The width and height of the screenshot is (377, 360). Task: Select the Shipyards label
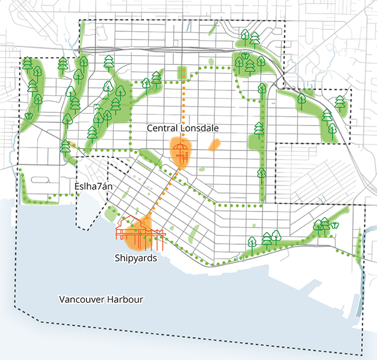tap(136, 259)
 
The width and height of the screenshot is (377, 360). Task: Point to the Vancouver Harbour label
tap(101, 299)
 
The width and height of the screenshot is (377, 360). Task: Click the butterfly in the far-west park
tap(29, 116)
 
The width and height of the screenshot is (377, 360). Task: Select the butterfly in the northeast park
tap(246, 53)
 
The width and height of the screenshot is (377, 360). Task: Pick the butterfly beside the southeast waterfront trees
tap(335, 225)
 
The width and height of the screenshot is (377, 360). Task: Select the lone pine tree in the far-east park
tap(340, 102)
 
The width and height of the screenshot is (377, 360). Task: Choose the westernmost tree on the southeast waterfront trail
tap(252, 241)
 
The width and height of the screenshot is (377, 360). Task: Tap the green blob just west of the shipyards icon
tap(110, 213)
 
